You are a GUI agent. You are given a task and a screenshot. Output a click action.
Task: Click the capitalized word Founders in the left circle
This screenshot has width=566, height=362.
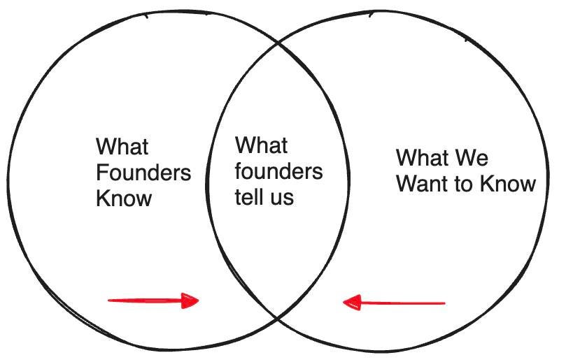coord(143,173)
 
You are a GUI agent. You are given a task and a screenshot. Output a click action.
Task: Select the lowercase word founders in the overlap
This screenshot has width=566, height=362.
coord(278,171)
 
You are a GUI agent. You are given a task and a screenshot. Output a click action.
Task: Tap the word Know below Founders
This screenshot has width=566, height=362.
coord(124,198)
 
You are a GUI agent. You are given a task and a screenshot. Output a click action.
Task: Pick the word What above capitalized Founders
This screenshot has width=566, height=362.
coord(122,147)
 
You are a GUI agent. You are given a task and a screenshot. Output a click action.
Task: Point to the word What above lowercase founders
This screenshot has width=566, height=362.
coord(261,146)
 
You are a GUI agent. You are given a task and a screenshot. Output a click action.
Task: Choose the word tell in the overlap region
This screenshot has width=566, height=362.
coord(248,197)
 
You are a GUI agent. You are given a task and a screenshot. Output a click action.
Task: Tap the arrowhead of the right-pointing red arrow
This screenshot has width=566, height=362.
coord(190,301)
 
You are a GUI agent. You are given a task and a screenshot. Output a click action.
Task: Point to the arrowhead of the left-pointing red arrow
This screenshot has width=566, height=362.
coord(352,303)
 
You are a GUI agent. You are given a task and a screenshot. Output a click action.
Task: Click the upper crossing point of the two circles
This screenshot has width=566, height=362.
coord(278,43)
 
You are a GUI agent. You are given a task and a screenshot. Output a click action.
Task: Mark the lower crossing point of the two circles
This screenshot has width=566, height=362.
coord(279,318)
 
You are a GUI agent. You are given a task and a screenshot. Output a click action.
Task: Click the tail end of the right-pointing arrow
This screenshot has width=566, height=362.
coord(110,301)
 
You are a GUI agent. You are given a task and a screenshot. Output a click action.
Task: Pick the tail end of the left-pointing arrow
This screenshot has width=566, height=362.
coord(444,303)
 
